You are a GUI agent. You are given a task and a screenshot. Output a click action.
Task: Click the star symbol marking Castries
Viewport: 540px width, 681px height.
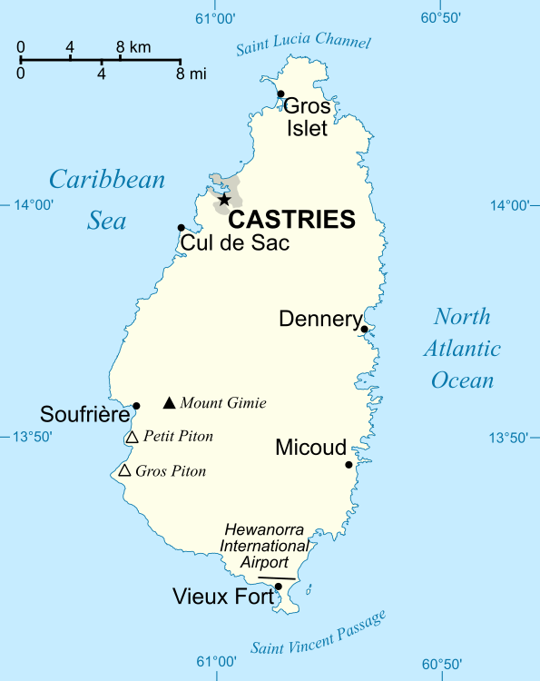(x=224, y=199)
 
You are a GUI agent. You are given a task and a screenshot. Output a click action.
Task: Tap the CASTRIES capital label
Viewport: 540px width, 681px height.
(x=290, y=220)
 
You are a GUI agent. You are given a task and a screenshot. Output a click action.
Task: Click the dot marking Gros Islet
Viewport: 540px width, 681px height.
(x=280, y=94)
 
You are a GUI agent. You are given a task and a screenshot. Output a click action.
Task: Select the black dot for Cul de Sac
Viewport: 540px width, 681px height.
(x=182, y=228)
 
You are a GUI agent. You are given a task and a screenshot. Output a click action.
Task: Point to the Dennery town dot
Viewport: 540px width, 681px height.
(x=364, y=330)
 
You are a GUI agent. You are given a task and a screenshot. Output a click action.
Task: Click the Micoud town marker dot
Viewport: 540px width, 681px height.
(x=349, y=465)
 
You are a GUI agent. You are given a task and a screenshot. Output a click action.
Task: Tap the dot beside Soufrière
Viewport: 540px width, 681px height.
(x=136, y=406)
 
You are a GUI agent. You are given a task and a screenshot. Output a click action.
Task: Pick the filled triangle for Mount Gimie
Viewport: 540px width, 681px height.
(x=169, y=403)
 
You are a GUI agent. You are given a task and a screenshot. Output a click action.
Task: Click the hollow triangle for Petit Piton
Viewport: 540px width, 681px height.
(x=132, y=438)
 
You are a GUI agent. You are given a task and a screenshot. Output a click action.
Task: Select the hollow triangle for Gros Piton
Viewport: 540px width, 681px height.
(x=124, y=470)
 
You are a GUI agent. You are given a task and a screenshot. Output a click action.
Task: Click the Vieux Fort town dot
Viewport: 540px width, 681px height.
(x=279, y=587)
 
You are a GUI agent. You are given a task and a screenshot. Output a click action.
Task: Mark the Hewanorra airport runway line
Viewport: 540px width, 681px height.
(x=276, y=577)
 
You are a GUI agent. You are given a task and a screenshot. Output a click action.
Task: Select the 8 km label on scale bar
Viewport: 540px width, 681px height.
(x=133, y=46)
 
